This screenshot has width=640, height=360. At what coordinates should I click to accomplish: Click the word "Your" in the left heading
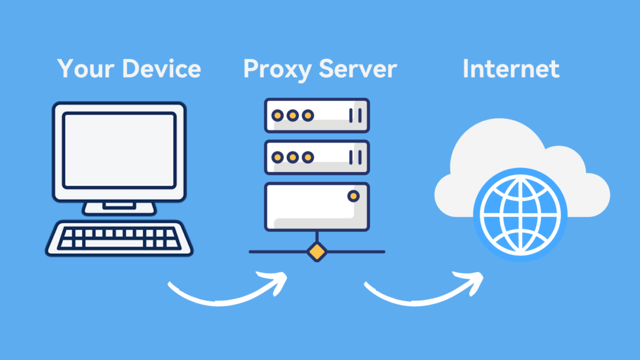point(86,69)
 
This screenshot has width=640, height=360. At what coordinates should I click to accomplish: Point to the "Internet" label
point(511,69)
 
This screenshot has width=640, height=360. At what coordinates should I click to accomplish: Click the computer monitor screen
point(120,149)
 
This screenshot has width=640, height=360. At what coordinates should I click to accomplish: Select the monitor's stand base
point(119,207)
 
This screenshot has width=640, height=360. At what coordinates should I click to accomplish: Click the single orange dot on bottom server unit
point(353,196)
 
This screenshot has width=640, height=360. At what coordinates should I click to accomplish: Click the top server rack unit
point(316,115)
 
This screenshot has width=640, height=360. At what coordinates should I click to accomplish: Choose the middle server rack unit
point(316,157)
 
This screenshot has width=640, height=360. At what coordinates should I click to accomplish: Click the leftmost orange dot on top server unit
point(278,115)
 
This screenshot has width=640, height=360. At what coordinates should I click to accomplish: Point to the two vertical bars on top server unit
point(356,115)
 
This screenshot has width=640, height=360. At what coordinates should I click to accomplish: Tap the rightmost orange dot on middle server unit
point(308,157)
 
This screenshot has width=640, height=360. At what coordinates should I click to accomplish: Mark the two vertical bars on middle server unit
point(356,157)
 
